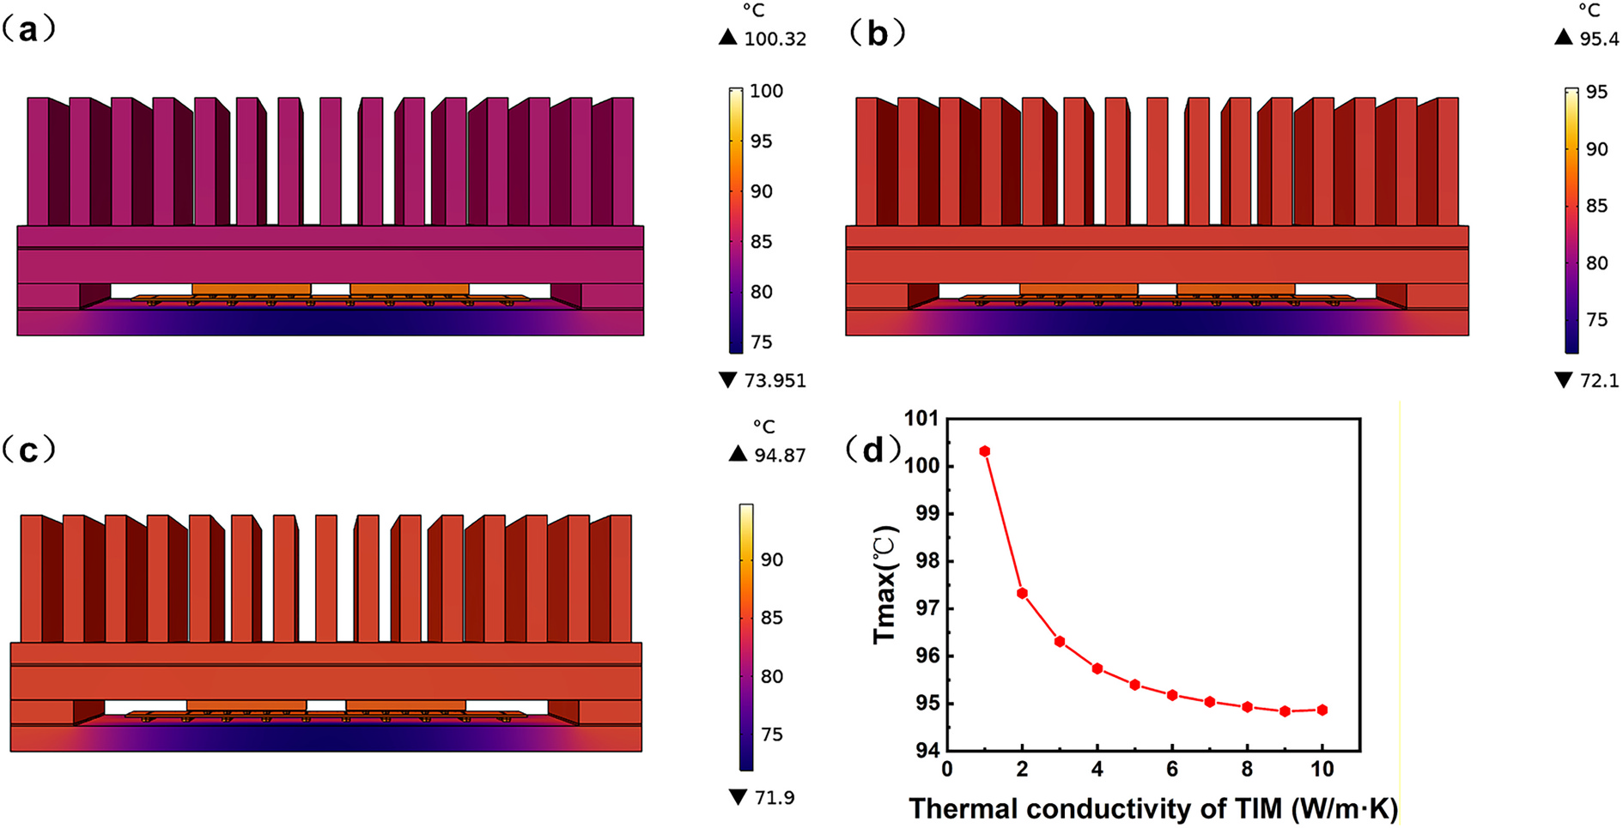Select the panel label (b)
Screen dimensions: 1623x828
877,33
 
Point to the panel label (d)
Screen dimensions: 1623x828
873,449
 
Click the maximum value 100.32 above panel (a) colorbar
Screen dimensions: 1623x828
775,39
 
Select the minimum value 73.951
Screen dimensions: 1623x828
775,380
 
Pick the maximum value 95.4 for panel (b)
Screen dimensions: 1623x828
1599,39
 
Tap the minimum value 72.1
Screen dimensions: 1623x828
1599,380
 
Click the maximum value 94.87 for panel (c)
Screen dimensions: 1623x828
780,455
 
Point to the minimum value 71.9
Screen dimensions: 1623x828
775,798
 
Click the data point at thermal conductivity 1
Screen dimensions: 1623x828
985,451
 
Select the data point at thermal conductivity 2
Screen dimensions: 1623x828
1022,594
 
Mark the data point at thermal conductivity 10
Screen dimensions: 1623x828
1322,710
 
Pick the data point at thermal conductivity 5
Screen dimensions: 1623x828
1135,685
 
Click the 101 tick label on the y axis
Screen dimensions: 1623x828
921,419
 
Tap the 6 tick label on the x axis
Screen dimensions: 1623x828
1172,769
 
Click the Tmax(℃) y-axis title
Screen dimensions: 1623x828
884,584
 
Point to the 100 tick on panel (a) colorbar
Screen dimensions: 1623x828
767,91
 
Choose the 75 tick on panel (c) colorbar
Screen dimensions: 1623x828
772,734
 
